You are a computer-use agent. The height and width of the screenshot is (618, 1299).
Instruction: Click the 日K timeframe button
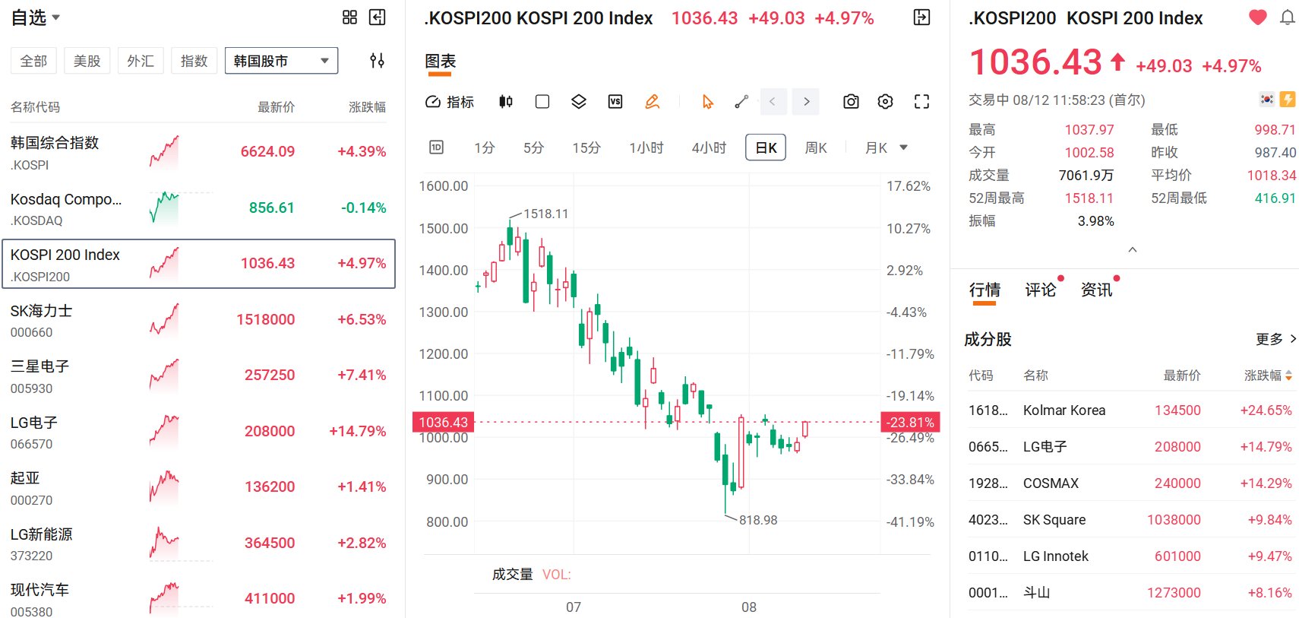pos(766,147)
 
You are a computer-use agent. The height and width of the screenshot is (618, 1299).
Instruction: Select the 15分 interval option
pos(586,148)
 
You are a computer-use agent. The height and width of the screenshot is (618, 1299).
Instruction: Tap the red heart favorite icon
pos(1257,17)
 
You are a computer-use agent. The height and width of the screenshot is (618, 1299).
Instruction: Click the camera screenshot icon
pos(851,102)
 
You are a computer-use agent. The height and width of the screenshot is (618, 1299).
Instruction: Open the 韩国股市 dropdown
pos(281,61)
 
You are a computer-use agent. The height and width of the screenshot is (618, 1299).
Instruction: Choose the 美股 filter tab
pos(87,61)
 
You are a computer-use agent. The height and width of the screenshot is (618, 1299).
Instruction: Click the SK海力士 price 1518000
pos(266,319)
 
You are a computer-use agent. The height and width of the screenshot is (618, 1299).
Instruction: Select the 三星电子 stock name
pos(40,366)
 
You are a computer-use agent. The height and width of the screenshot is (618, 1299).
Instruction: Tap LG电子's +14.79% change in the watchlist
pos(357,431)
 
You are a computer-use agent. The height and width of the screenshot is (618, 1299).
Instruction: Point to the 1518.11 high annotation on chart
pos(545,214)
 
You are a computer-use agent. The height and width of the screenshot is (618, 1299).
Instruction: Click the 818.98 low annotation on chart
pos(758,520)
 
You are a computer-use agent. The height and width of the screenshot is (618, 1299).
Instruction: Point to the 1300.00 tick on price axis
pos(444,312)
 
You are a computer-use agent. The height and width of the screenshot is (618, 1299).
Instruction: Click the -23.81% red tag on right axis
pos(910,422)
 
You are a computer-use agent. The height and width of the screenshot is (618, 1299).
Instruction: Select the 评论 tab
pos(1041,290)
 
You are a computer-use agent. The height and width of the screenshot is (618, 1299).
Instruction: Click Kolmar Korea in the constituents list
pos(1064,410)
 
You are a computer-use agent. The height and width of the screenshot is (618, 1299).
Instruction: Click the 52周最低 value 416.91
pos(1275,198)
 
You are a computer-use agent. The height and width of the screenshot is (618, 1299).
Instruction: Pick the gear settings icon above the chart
pos(885,102)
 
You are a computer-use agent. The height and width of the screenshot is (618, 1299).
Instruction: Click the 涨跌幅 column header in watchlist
pos(367,106)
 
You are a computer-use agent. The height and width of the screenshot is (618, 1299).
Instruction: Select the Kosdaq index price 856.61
pos(271,208)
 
